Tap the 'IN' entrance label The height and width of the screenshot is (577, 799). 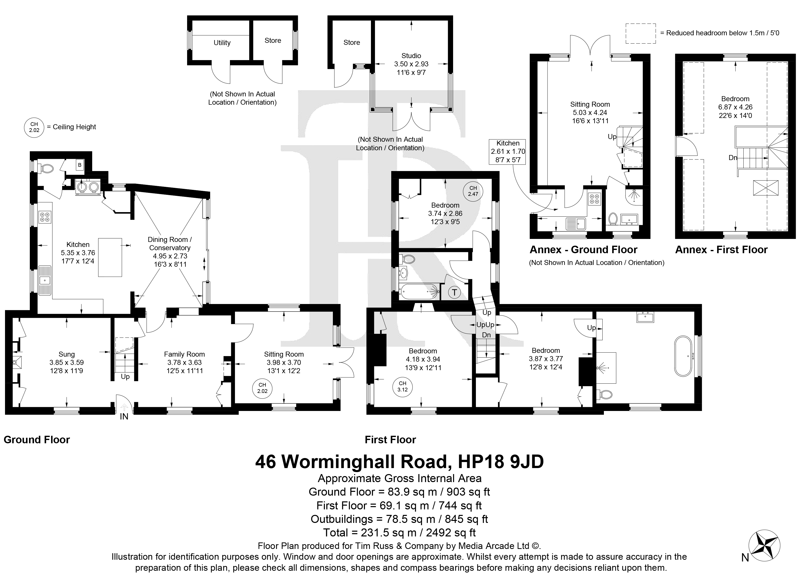pos(124,416)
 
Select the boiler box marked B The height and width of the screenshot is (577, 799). pos(80,165)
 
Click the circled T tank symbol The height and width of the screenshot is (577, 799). pos(454,292)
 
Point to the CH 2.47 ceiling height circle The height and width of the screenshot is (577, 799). pos(473,191)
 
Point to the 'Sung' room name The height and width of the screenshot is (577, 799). pos(67,354)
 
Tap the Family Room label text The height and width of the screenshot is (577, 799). pos(184,354)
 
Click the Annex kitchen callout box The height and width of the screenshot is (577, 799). pos(508,152)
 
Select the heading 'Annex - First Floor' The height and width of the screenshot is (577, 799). pos(721,250)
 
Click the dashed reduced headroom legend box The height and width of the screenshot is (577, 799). pos(641,34)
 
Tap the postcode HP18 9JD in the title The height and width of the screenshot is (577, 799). pos(501,462)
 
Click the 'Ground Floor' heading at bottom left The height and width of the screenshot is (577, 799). pos(37,440)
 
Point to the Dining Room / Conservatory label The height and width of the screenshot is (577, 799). pos(170,244)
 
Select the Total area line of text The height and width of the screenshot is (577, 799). pos(399,533)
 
